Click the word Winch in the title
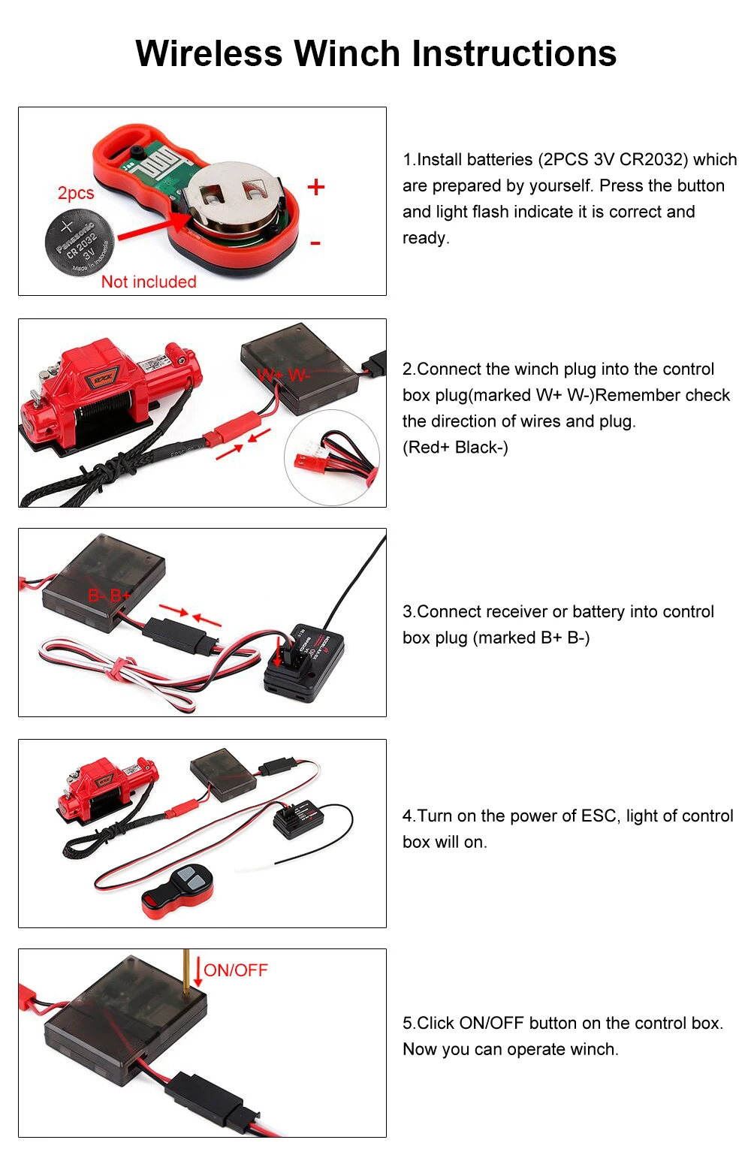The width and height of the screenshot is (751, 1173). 347,53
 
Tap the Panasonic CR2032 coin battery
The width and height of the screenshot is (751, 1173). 79,242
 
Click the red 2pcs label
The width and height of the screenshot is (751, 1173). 76,193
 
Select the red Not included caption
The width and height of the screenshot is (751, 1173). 149,282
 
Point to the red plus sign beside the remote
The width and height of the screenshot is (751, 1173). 316,187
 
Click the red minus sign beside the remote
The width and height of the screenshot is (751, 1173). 315,243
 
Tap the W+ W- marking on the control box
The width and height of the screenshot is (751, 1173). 283,375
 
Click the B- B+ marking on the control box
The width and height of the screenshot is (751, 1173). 109,596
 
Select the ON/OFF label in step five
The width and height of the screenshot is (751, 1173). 236,970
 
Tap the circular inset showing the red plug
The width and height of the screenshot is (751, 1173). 331,457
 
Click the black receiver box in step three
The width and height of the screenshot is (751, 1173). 303,662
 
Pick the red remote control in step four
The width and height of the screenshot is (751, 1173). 178,891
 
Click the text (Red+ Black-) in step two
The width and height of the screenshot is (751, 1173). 455,448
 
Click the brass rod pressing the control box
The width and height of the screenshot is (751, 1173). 186,969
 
